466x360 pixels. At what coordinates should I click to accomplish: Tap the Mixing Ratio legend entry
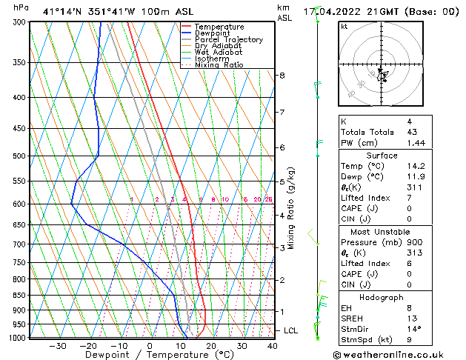[219, 65]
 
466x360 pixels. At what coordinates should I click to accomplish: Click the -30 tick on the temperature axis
[58, 346]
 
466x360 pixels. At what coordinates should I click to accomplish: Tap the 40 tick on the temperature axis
[273, 346]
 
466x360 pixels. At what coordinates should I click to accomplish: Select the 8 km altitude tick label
[282, 76]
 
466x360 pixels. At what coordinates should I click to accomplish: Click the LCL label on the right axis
[291, 330]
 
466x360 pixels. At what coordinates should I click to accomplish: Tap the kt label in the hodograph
[344, 27]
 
